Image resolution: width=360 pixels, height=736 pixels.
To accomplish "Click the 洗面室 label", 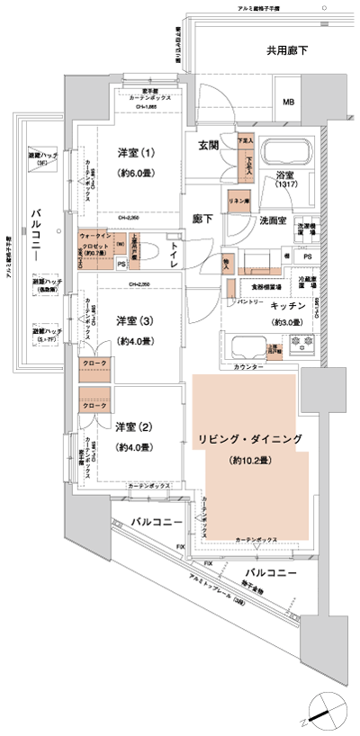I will point(273,220).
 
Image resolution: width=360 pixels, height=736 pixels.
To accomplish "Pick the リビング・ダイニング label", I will point(250,438).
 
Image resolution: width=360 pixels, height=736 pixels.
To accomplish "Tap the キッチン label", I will point(290,308).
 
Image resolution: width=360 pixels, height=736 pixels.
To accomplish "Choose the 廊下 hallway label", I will point(203,219).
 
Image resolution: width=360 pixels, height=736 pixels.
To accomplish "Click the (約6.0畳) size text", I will point(136,174).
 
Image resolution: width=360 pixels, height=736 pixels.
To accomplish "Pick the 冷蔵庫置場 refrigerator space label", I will point(309,282).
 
